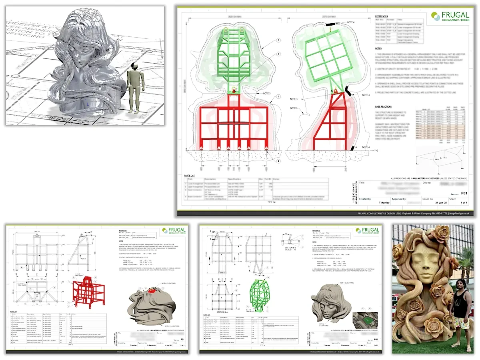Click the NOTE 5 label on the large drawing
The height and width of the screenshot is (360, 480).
(x=293, y=108)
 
